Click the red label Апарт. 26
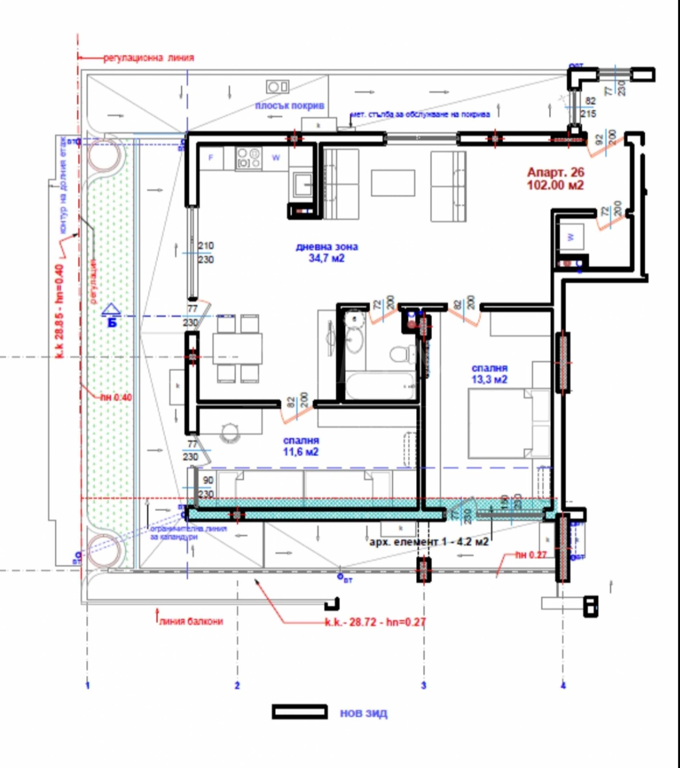555,172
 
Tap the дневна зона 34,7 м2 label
326,252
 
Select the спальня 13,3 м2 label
489,373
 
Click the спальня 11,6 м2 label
301,446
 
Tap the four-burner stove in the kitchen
249,158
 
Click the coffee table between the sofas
393,183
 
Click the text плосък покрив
289,105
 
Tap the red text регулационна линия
149,57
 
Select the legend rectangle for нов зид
300,712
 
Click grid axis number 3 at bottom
423,685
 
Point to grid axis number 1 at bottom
88,685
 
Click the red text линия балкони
191,621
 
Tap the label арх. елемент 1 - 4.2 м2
428,542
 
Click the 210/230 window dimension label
206,252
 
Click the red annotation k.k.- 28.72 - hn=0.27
375,622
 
